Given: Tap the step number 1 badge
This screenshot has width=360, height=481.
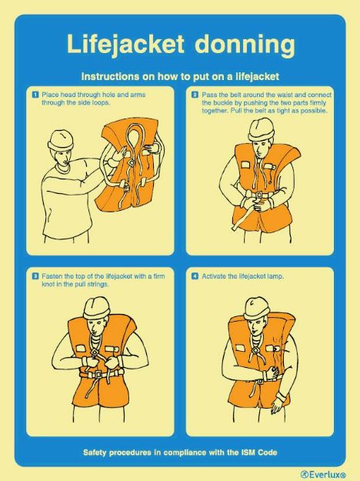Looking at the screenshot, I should [35, 94].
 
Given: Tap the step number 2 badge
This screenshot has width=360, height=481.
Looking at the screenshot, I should [195, 94].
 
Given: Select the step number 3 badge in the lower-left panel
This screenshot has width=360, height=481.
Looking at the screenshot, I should [35, 276].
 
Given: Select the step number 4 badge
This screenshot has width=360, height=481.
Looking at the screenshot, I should [195, 276].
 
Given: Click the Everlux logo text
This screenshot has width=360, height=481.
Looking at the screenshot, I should [324, 473].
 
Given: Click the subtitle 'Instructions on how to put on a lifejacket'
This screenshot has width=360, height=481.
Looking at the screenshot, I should [179, 76].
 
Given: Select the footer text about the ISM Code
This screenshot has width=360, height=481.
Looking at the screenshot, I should [180, 452].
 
